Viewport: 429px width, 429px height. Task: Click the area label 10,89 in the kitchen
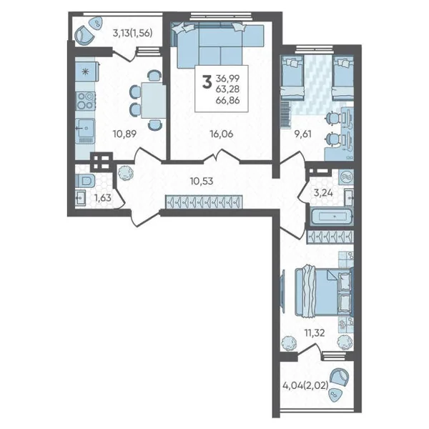tap(124, 134)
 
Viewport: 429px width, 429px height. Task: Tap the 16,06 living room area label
tap(222, 134)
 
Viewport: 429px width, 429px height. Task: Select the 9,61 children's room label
tap(303, 134)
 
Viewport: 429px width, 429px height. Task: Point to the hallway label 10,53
tap(202, 181)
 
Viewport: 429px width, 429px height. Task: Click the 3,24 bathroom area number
tap(323, 193)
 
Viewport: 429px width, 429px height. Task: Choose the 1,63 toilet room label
tap(102, 197)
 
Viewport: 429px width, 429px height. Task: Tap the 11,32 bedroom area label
tap(315, 333)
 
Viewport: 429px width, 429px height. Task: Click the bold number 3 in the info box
tap(207, 82)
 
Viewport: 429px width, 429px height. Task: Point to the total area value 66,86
tap(227, 100)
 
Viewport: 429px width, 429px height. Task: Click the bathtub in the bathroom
tap(332, 216)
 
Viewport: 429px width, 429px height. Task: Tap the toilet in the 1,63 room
tap(85, 181)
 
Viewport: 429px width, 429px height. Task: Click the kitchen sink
tap(85, 128)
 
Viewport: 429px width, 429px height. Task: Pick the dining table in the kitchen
tap(154, 101)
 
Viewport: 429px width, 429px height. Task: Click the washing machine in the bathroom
tap(346, 177)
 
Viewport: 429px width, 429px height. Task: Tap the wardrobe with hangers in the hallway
tap(204, 202)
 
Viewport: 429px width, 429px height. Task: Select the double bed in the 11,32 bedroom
tap(324, 292)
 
